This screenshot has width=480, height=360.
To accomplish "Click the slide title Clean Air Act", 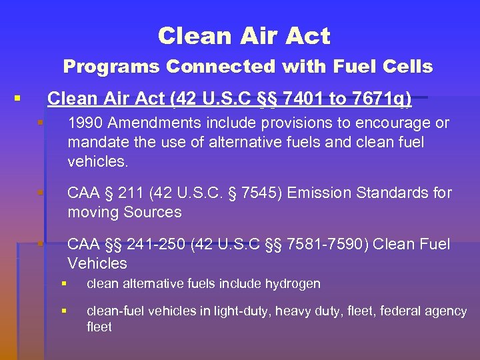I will pyautogui.click(x=244, y=36).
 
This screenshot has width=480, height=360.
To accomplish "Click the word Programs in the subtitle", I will pyautogui.click(x=111, y=67).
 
